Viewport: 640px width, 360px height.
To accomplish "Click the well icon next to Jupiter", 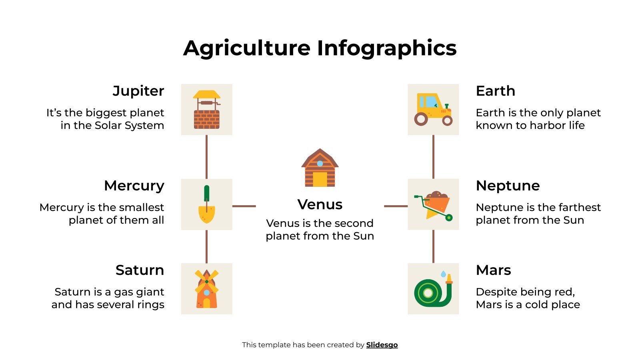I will point(206,110).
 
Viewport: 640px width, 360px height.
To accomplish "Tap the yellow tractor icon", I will point(433,110).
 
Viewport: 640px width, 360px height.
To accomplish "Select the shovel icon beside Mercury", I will point(206,204).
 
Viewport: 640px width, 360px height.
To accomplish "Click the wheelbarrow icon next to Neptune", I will point(433,204).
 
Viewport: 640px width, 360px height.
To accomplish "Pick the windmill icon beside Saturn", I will point(206,289).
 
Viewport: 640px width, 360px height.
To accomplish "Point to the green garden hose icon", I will point(433,289).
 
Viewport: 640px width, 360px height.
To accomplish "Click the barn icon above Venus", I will point(320,168).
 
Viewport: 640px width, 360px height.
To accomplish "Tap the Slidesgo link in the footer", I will point(382,345).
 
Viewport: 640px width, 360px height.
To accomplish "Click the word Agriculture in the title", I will point(247,48).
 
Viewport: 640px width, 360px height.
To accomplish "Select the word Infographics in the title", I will point(387,48).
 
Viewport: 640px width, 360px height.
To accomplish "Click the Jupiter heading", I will point(138,91).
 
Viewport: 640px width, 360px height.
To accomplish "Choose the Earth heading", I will point(495,91).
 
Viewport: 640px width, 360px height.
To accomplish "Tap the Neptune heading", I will point(508,186).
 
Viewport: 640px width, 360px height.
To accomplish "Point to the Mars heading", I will point(493,270).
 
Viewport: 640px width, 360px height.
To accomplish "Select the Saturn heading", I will point(140,270).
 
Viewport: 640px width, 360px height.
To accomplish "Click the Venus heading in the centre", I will point(320,204).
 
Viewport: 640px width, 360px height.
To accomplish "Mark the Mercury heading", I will point(134,186).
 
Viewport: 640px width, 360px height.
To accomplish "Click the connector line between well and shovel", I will point(206,157).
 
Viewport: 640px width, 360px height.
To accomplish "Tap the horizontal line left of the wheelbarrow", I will point(396,206).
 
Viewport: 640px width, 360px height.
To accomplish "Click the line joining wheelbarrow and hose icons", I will point(433,246).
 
